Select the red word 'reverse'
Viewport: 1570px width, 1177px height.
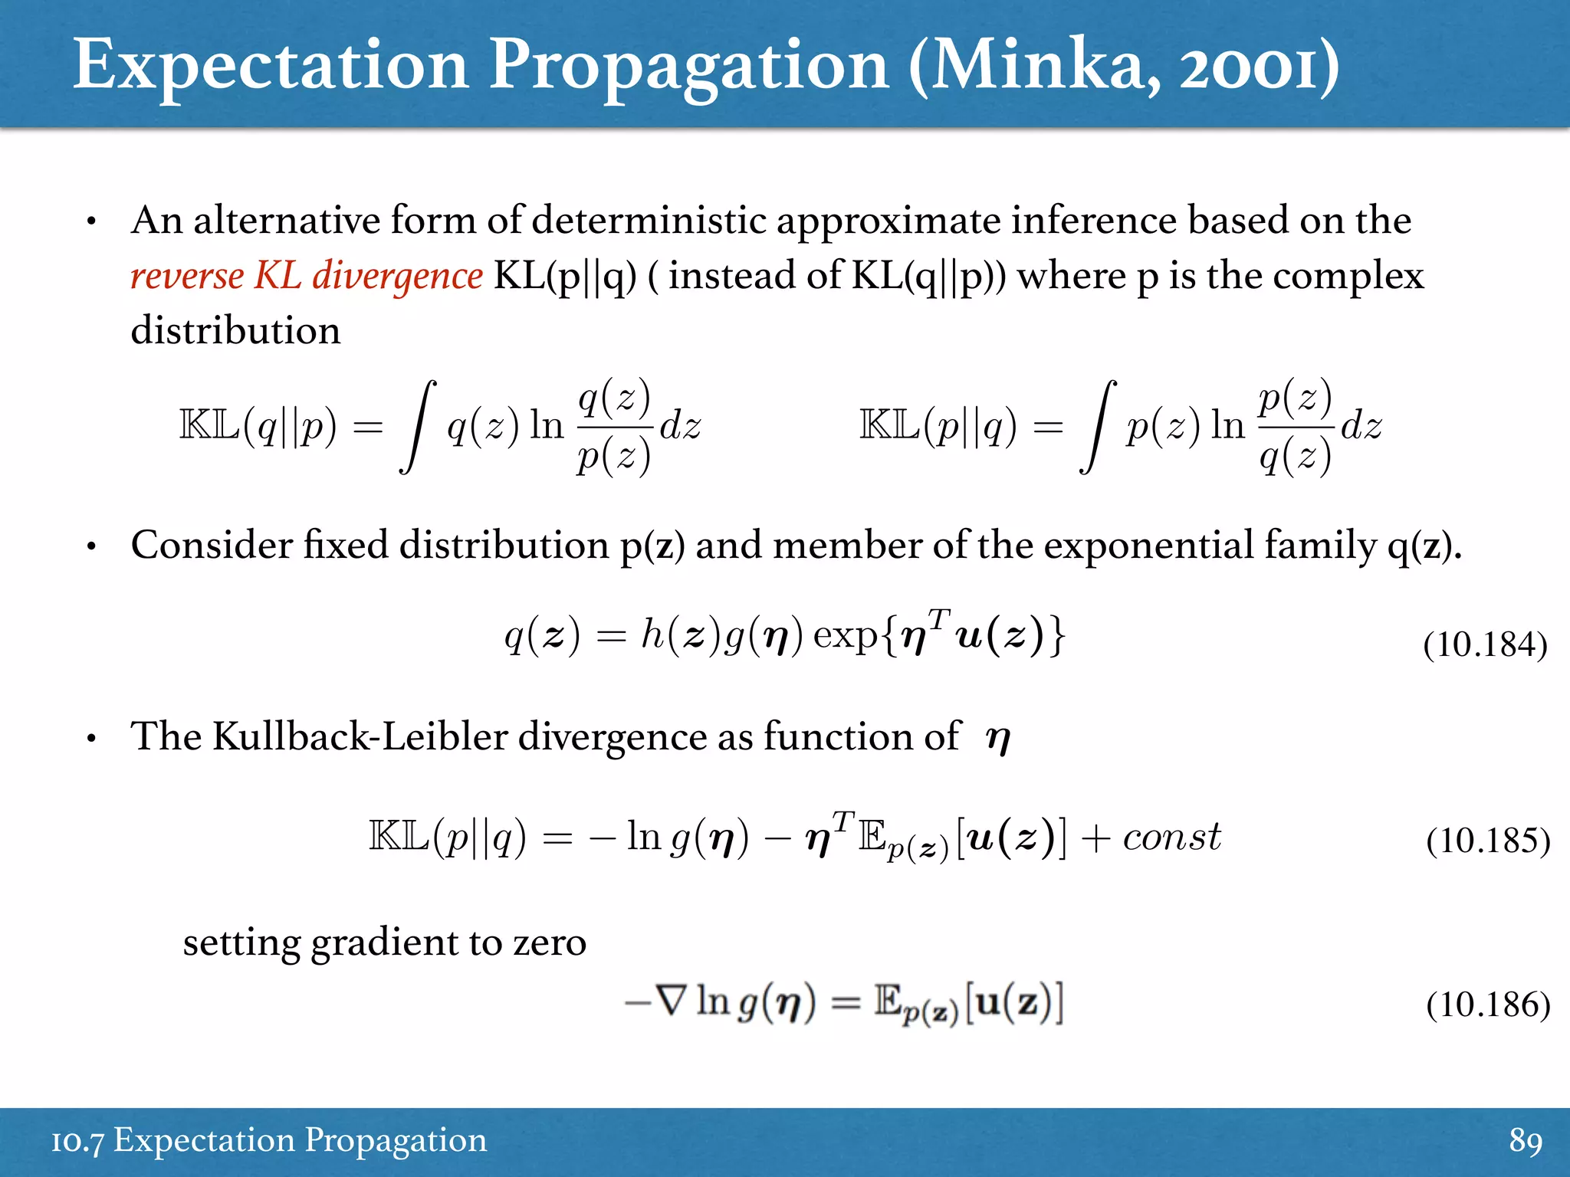coord(186,275)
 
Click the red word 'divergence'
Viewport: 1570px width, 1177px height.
coord(397,277)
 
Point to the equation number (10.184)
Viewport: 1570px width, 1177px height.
coord(1485,644)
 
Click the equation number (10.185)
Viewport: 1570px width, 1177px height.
coord(1488,841)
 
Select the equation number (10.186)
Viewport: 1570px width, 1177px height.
coord(1488,1005)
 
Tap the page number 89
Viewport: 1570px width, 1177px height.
coord(1526,1140)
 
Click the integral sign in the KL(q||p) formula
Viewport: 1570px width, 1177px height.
coord(418,427)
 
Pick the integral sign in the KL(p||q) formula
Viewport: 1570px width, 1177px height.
coord(1098,427)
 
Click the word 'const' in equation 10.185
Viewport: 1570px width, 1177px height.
coord(1171,837)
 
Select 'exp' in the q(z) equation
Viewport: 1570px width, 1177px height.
coord(845,635)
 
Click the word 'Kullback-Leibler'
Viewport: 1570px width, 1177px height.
coord(360,737)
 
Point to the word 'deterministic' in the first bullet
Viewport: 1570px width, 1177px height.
coord(649,221)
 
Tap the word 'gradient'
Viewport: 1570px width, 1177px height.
coord(382,943)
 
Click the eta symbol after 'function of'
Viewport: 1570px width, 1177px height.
coord(998,739)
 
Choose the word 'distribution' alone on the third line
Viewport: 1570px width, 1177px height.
coord(235,331)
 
